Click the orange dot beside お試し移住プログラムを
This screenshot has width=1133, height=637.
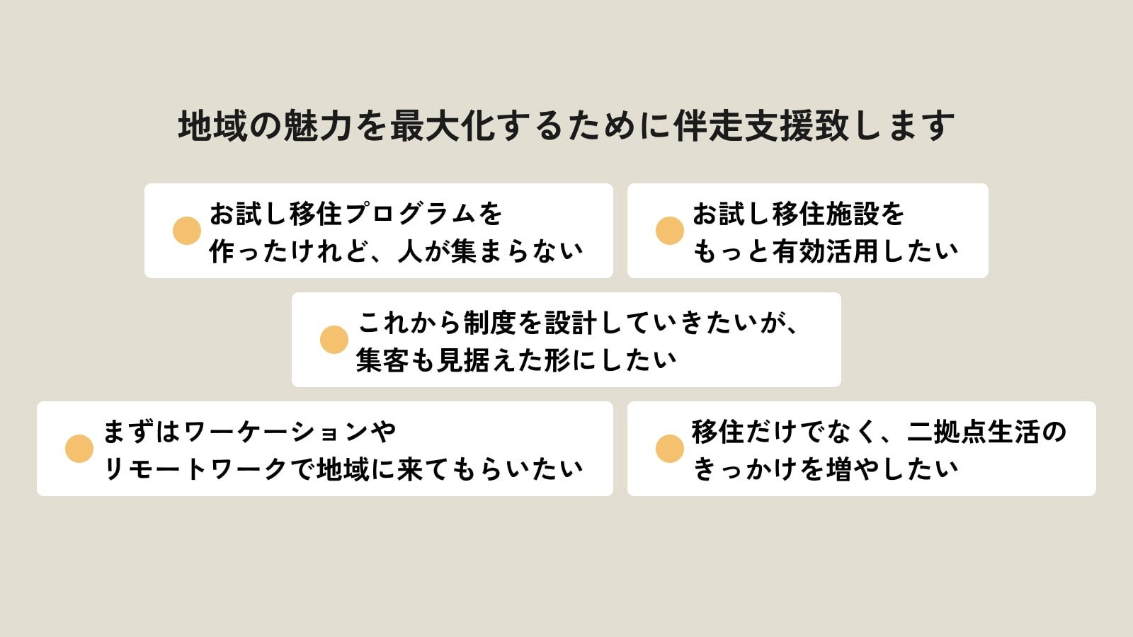[187, 231]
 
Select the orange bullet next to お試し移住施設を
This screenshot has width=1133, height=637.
[670, 231]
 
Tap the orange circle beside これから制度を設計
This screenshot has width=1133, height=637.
[334, 340]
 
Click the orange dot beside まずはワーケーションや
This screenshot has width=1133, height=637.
[79, 449]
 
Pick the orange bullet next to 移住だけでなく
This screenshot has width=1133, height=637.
[670, 449]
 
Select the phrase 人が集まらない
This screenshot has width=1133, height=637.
[490, 251]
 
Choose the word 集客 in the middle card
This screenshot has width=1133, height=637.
[382, 360]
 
